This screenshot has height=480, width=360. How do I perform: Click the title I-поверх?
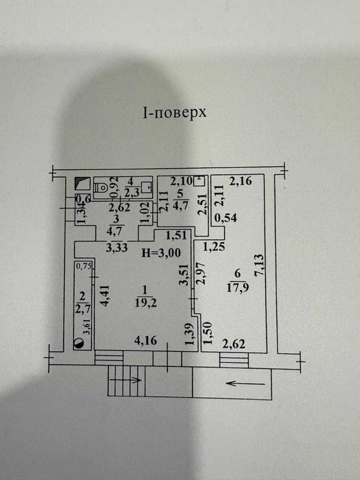[175, 113]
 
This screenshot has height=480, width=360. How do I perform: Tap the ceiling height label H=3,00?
[161, 253]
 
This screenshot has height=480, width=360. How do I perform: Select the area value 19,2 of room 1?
[145, 303]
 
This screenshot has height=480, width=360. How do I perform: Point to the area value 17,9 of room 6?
[237, 288]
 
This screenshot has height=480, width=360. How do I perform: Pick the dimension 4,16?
[145, 340]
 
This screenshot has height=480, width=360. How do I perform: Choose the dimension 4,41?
[104, 296]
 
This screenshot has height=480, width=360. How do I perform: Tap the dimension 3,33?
[117, 247]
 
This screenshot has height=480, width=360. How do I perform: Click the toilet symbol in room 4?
[100, 186]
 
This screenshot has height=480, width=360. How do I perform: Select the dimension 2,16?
[241, 181]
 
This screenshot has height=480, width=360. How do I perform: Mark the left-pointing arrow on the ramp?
[245, 383]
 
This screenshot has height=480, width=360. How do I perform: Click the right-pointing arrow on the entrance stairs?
[125, 380]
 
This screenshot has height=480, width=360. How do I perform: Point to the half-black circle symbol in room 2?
[79, 344]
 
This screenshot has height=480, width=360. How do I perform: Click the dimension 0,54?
[226, 218]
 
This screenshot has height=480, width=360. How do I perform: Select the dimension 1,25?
[214, 246]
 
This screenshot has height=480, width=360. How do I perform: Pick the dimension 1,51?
[176, 235]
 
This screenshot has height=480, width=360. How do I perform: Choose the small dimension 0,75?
[84, 266]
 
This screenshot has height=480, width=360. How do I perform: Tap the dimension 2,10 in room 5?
[182, 181]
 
